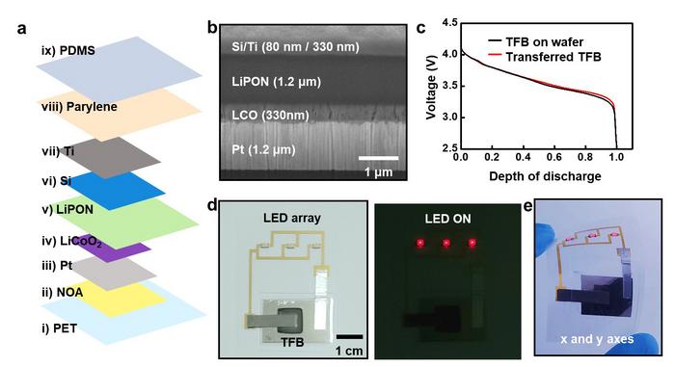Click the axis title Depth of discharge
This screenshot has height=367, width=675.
[539, 176]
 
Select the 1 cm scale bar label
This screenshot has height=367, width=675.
[350, 351]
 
